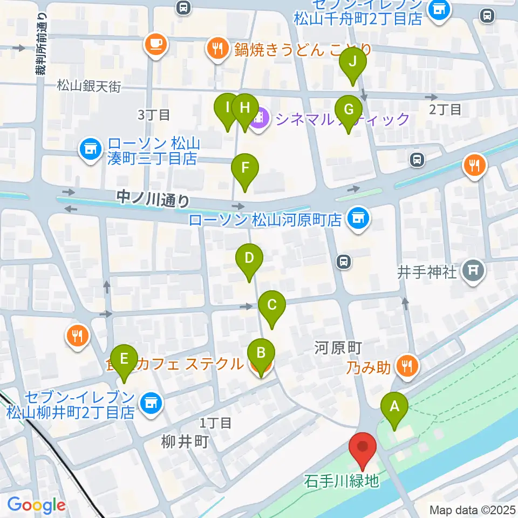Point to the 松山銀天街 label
(x=88, y=85)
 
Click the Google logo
(x=36, y=505)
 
